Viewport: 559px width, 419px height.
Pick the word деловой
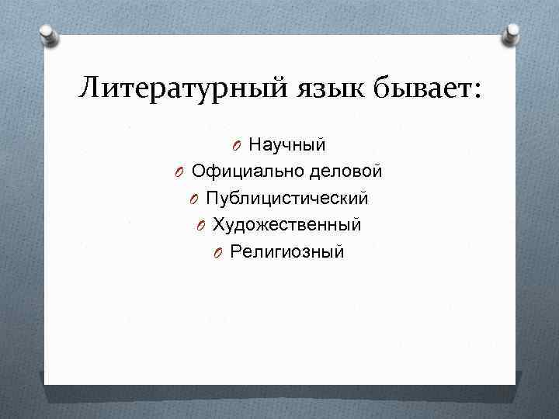pos(345,171)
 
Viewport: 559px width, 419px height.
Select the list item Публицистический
pos(286,199)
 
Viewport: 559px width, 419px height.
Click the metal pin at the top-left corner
pos(47,34)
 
